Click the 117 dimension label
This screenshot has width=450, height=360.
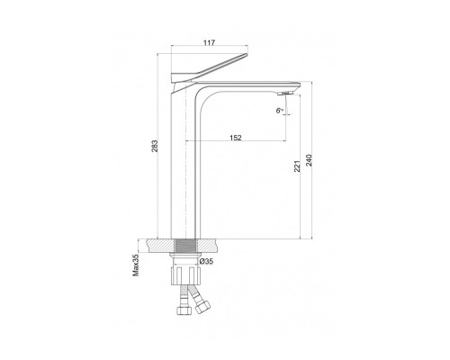(x=209, y=42)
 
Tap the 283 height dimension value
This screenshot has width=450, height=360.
(x=155, y=146)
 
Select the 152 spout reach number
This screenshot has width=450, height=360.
(x=236, y=138)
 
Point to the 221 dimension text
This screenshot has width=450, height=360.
(x=297, y=166)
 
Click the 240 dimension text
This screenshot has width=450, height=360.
(x=309, y=160)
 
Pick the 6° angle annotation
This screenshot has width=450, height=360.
(x=280, y=111)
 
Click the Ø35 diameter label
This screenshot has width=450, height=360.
(x=206, y=261)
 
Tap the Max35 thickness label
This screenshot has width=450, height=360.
(x=136, y=265)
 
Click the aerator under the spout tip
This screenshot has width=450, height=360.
(x=284, y=94)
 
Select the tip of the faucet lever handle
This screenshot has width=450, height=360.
(x=247, y=54)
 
